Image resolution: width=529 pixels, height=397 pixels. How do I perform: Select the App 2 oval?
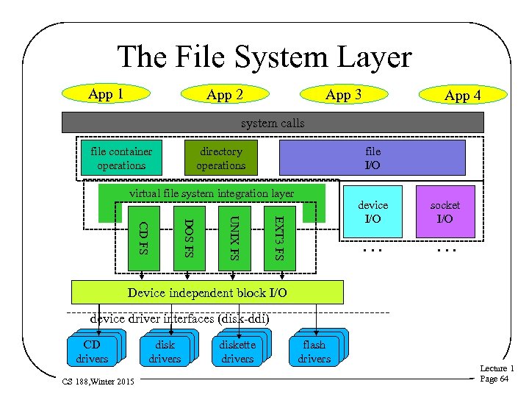(x=225, y=95)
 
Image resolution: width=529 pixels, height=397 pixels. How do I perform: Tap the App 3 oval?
(x=343, y=95)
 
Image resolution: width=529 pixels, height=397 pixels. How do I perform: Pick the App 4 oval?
(x=463, y=95)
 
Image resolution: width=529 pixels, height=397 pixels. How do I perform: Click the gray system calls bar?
(x=273, y=123)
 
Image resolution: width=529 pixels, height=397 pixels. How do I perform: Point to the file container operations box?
(x=121, y=158)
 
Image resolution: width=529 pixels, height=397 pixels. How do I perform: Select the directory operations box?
(x=220, y=158)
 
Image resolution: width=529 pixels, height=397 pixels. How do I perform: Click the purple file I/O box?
(x=373, y=158)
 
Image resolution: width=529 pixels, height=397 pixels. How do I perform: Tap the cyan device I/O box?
(x=373, y=212)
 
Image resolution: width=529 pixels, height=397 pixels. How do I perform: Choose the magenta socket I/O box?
(x=445, y=212)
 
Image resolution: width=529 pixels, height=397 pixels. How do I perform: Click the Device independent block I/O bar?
(x=207, y=293)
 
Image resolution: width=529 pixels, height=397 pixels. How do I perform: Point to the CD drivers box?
(x=92, y=351)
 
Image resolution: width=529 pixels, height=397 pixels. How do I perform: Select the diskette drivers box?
(x=237, y=351)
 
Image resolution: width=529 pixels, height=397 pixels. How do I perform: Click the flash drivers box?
(x=314, y=351)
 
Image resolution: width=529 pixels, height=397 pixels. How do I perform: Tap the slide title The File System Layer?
(x=264, y=57)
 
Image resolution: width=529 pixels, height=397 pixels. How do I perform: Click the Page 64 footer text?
(x=494, y=379)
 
